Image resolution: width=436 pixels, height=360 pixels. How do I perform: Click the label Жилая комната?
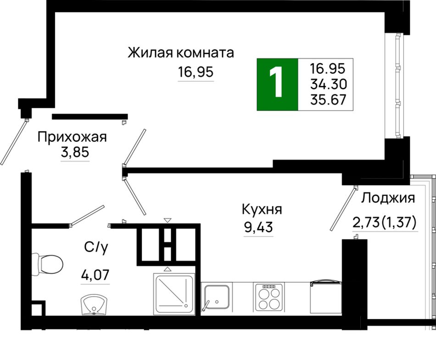coord(181,52)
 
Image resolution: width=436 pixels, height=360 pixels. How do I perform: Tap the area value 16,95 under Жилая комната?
coord(196,72)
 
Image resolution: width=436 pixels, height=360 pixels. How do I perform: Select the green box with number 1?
coord(277,84)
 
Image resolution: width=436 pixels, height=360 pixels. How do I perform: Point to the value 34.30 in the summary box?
coord(329,84)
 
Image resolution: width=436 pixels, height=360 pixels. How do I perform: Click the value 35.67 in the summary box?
coord(329,100)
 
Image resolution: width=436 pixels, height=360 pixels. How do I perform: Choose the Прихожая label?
coord(72,137)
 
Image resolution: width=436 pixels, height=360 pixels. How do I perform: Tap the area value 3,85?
coord(75,152)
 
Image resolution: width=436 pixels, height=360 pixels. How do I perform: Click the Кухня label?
coord(262,209)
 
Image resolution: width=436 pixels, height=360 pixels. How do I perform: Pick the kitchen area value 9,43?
coord(258,227)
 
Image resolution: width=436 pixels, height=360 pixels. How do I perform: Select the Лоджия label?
coord(388,198)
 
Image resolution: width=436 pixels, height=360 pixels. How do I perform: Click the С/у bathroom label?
coord(95,247)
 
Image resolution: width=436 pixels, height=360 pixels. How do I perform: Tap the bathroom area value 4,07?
coord(95,275)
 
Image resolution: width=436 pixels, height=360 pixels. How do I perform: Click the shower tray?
coord(174,294)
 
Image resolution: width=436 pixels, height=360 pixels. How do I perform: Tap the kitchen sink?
coord(217,297)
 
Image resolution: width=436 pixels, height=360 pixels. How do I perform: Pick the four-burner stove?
coord(269,298)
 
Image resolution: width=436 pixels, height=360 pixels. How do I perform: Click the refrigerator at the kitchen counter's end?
coord(326,297)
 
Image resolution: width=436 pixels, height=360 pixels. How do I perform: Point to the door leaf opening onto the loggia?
coord(343,209)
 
